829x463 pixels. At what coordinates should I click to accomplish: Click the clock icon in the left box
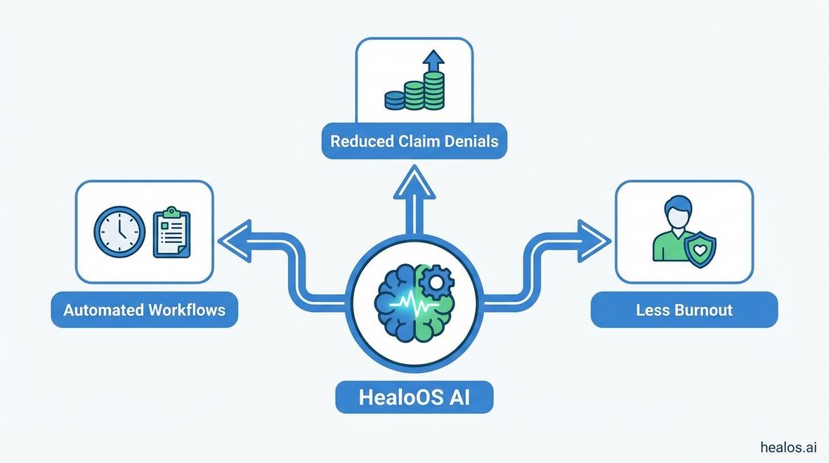(x=119, y=231)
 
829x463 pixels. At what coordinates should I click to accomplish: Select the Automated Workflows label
(x=144, y=310)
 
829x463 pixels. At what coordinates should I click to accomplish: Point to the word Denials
(x=471, y=141)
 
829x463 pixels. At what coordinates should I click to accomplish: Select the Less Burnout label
(x=684, y=310)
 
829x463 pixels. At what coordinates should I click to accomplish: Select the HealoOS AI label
(x=414, y=397)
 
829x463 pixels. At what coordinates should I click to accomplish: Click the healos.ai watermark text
(x=788, y=447)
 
